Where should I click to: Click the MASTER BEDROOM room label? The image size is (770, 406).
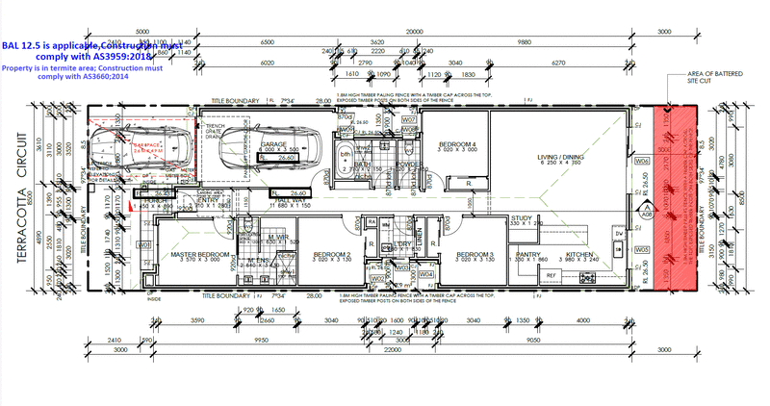coord(200,254)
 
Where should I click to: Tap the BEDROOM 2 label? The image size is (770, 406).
coord(331,254)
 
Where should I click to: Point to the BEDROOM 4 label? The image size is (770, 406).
coord(455,144)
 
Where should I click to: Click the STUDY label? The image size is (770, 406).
coord(523,218)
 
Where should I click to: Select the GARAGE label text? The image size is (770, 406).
coord(275,144)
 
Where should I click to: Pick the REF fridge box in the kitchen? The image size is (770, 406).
coord(552,275)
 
